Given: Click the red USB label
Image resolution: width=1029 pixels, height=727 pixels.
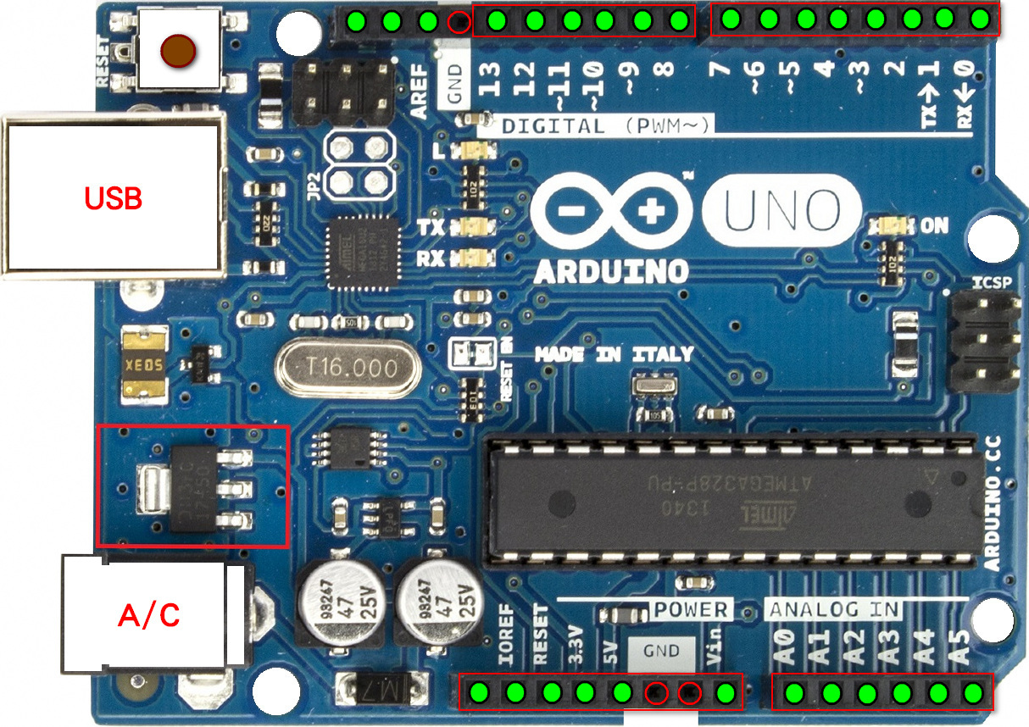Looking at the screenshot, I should pyautogui.click(x=113, y=199).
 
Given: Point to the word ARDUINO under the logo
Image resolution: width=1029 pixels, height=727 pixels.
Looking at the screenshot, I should pyautogui.click(x=610, y=272).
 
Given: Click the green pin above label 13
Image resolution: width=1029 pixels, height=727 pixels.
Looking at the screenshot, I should pyautogui.click(x=498, y=20).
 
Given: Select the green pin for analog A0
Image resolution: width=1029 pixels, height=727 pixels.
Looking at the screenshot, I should pyautogui.click(x=794, y=693).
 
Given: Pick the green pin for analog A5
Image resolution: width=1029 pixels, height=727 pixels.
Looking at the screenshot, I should pyautogui.click(x=974, y=693).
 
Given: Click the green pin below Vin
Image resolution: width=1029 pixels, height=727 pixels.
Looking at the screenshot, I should pyautogui.click(x=726, y=693).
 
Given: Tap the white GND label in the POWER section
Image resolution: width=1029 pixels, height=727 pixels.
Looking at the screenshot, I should pyautogui.click(x=661, y=651).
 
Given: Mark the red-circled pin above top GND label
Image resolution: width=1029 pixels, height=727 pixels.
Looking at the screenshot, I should pyautogui.click(x=459, y=22).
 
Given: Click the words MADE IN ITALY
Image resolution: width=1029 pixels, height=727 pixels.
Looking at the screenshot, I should pyautogui.click(x=614, y=354).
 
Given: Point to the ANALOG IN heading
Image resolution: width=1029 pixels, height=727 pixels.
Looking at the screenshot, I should pyautogui.click(x=834, y=609).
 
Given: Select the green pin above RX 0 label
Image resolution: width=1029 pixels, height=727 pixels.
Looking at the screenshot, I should pyautogui.click(x=981, y=19).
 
